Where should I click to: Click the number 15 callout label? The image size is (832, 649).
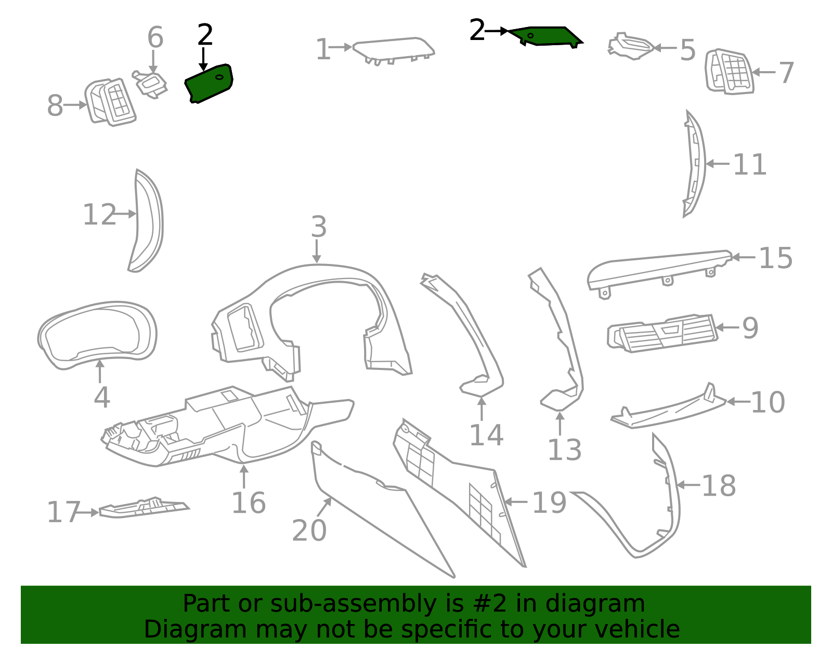(775, 259)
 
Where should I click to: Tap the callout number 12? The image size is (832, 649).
(99, 215)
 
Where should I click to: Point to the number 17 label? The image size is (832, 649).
(63, 512)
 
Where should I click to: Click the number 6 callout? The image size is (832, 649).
(155, 37)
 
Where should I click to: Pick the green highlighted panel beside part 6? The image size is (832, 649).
(209, 83)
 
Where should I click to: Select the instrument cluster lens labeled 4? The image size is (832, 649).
(98, 336)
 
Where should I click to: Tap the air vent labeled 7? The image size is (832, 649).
(730, 72)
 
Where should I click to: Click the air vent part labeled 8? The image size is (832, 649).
(110, 102)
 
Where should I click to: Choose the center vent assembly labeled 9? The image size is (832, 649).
(663, 333)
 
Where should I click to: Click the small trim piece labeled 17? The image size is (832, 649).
(144, 508)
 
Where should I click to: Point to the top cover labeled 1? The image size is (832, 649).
(394, 50)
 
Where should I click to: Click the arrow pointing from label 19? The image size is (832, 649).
(516, 501)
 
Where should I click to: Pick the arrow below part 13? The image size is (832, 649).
(560, 423)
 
